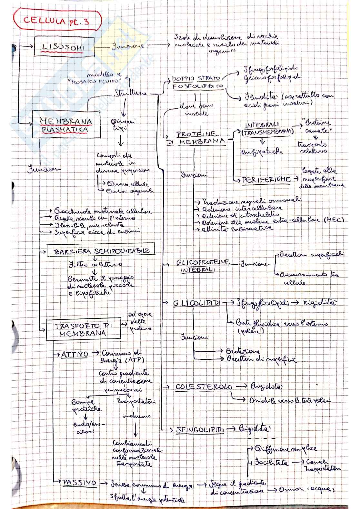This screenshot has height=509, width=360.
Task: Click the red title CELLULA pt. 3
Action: tap(56, 21)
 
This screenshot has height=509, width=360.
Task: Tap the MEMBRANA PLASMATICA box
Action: tap(66, 125)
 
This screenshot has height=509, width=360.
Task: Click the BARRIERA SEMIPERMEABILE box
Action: tap(100, 251)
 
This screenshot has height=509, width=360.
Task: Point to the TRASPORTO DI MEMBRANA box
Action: tap(83, 329)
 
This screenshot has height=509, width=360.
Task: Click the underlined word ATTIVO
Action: tap(75, 354)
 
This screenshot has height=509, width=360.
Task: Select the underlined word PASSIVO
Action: tap(79, 483)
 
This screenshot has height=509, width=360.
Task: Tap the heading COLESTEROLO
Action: tap(204, 387)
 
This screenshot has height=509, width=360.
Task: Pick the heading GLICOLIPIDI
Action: tap(197, 303)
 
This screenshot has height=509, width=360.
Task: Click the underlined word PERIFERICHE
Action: tap(266, 180)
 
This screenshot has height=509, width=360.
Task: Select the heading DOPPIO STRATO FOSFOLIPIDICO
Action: tap(197, 83)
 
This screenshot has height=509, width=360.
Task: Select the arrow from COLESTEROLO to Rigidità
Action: tap(240, 386)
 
